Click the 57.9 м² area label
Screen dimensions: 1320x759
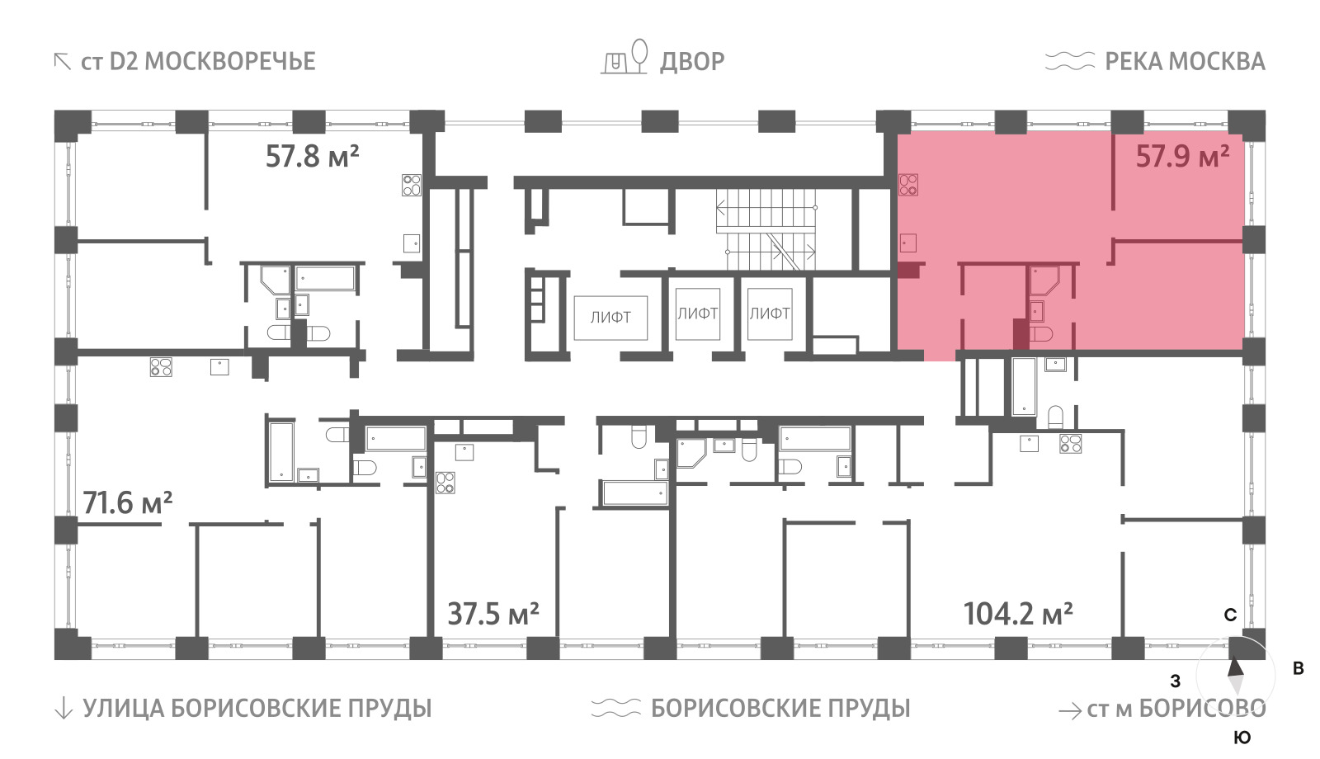[1182, 157]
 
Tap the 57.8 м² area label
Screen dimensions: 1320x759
[313, 157]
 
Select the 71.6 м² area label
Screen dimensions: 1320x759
[128, 503]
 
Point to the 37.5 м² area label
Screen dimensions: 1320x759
[493, 614]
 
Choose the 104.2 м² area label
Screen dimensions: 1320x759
[1018, 614]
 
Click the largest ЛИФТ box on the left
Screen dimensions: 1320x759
[611, 318]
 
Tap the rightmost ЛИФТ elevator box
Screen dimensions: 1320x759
[770, 313]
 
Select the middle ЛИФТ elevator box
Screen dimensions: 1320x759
[698, 313]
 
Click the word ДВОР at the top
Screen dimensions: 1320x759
[692, 62]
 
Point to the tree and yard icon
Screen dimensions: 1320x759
[625, 57]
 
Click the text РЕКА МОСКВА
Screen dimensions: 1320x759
[1185, 62]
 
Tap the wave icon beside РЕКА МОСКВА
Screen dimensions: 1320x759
[1070, 61]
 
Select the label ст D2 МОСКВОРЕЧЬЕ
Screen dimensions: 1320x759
[198, 62]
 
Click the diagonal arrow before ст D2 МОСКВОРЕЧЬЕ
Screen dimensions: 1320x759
[62, 61]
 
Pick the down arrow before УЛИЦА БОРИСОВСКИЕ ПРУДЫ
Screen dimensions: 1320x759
[63, 709]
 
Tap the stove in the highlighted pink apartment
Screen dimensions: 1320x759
[908, 185]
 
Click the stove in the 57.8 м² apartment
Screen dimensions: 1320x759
[412, 185]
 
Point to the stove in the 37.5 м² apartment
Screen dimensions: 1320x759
[445, 483]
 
